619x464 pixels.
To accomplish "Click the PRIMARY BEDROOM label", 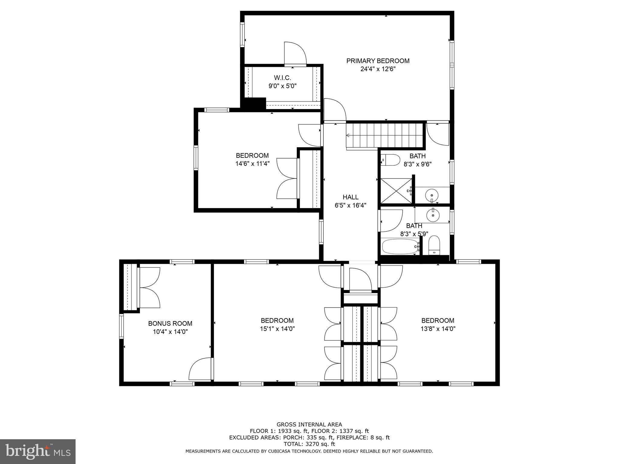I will point(378,61).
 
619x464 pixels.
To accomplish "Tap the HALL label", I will point(350,197).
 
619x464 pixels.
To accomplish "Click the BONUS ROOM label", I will point(170,324).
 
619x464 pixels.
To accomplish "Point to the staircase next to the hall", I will point(384,135).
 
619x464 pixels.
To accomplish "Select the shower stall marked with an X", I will point(396,191).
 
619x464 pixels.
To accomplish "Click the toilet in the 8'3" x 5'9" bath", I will point(434,245).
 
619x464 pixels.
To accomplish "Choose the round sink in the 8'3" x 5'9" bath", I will point(432,215).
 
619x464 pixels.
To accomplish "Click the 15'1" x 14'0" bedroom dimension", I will point(277,329).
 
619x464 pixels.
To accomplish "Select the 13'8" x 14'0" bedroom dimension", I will point(438,329).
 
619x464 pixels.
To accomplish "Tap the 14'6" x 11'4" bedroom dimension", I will point(252,164).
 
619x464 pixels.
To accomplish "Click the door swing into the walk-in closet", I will point(295,54).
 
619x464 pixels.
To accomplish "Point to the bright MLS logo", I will point(37,451).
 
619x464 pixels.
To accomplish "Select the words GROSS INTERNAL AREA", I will point(309,424).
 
